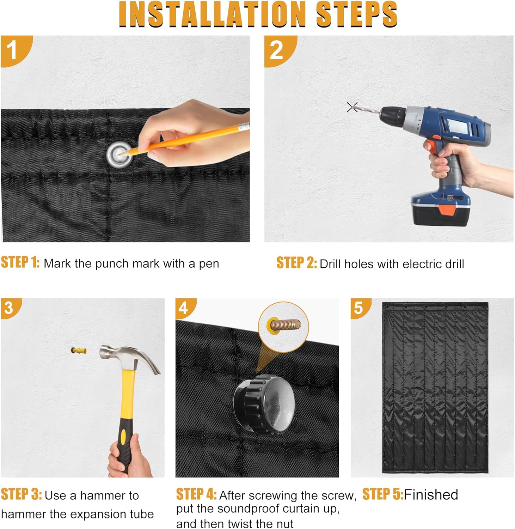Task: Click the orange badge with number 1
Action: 14,49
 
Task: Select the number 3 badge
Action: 10,307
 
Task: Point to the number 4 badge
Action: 184,307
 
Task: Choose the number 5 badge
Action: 359,307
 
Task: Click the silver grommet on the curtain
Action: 120,154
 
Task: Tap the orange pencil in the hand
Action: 183,140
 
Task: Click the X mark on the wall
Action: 352,107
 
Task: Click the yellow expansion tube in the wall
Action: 79,351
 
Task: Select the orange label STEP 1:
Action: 20,263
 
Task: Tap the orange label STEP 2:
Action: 296,263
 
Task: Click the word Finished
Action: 431,494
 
